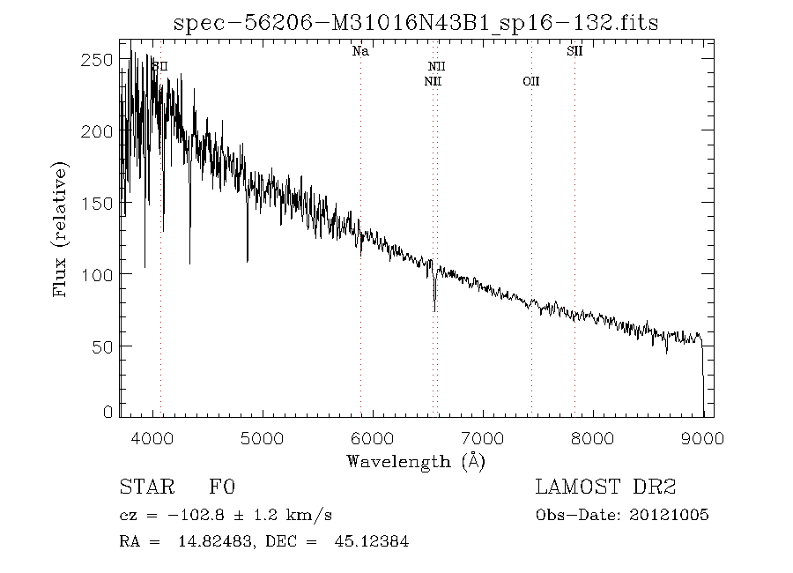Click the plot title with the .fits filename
tap(416, 22)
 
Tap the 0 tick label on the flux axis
tap(107, 412)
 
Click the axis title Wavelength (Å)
tap(416, 461)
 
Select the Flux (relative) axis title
tap(61, 229)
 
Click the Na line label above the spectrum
tap(360, 51)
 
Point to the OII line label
tap(530, 81)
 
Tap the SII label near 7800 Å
tap(574, 51)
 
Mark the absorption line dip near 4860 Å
tap(248, 259)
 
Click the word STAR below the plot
tap(144, 487)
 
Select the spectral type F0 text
tap(222, 487)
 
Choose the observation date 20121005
tap(670, 516)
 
